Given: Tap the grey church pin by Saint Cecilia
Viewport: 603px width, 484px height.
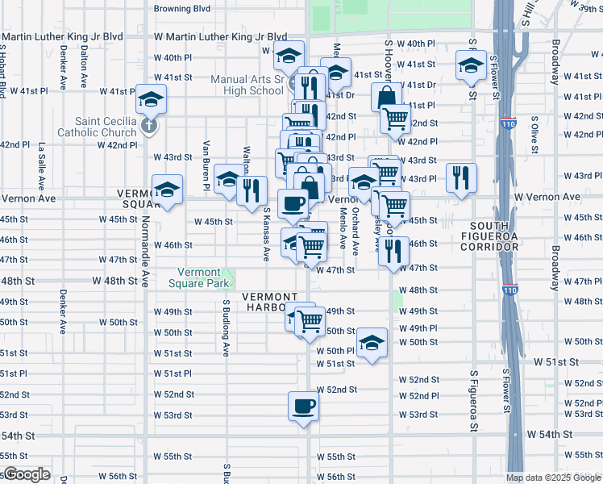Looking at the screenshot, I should pos(148,126).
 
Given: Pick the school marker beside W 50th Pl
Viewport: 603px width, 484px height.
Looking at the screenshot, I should pos(372,342).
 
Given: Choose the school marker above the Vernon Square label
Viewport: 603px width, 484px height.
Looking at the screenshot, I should pos(168,190).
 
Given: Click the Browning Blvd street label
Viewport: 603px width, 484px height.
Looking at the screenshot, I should pos(182,8).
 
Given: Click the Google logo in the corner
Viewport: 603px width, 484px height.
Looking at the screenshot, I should pos(26,474).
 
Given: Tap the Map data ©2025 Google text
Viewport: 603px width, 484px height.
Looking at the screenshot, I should pos(553,478).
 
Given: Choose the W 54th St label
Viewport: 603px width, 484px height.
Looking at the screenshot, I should pos(550,434).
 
